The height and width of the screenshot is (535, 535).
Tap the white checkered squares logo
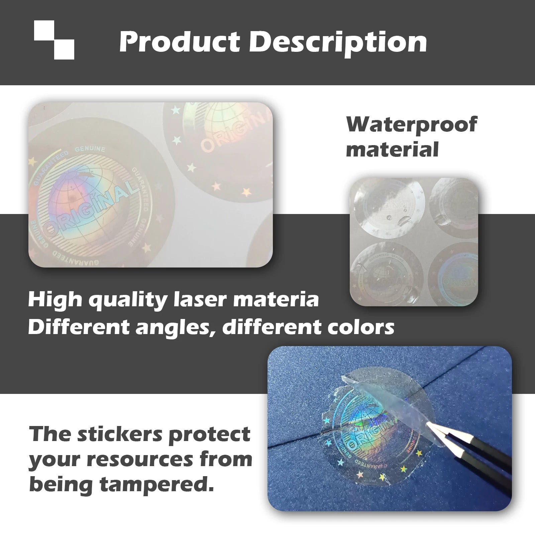pyautogui.click(x=54, y=40)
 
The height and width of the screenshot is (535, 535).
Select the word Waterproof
pyautogui.click(x=412, y=124)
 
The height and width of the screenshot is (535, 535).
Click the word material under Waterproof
pyautogui.click(x=392, y=149)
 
